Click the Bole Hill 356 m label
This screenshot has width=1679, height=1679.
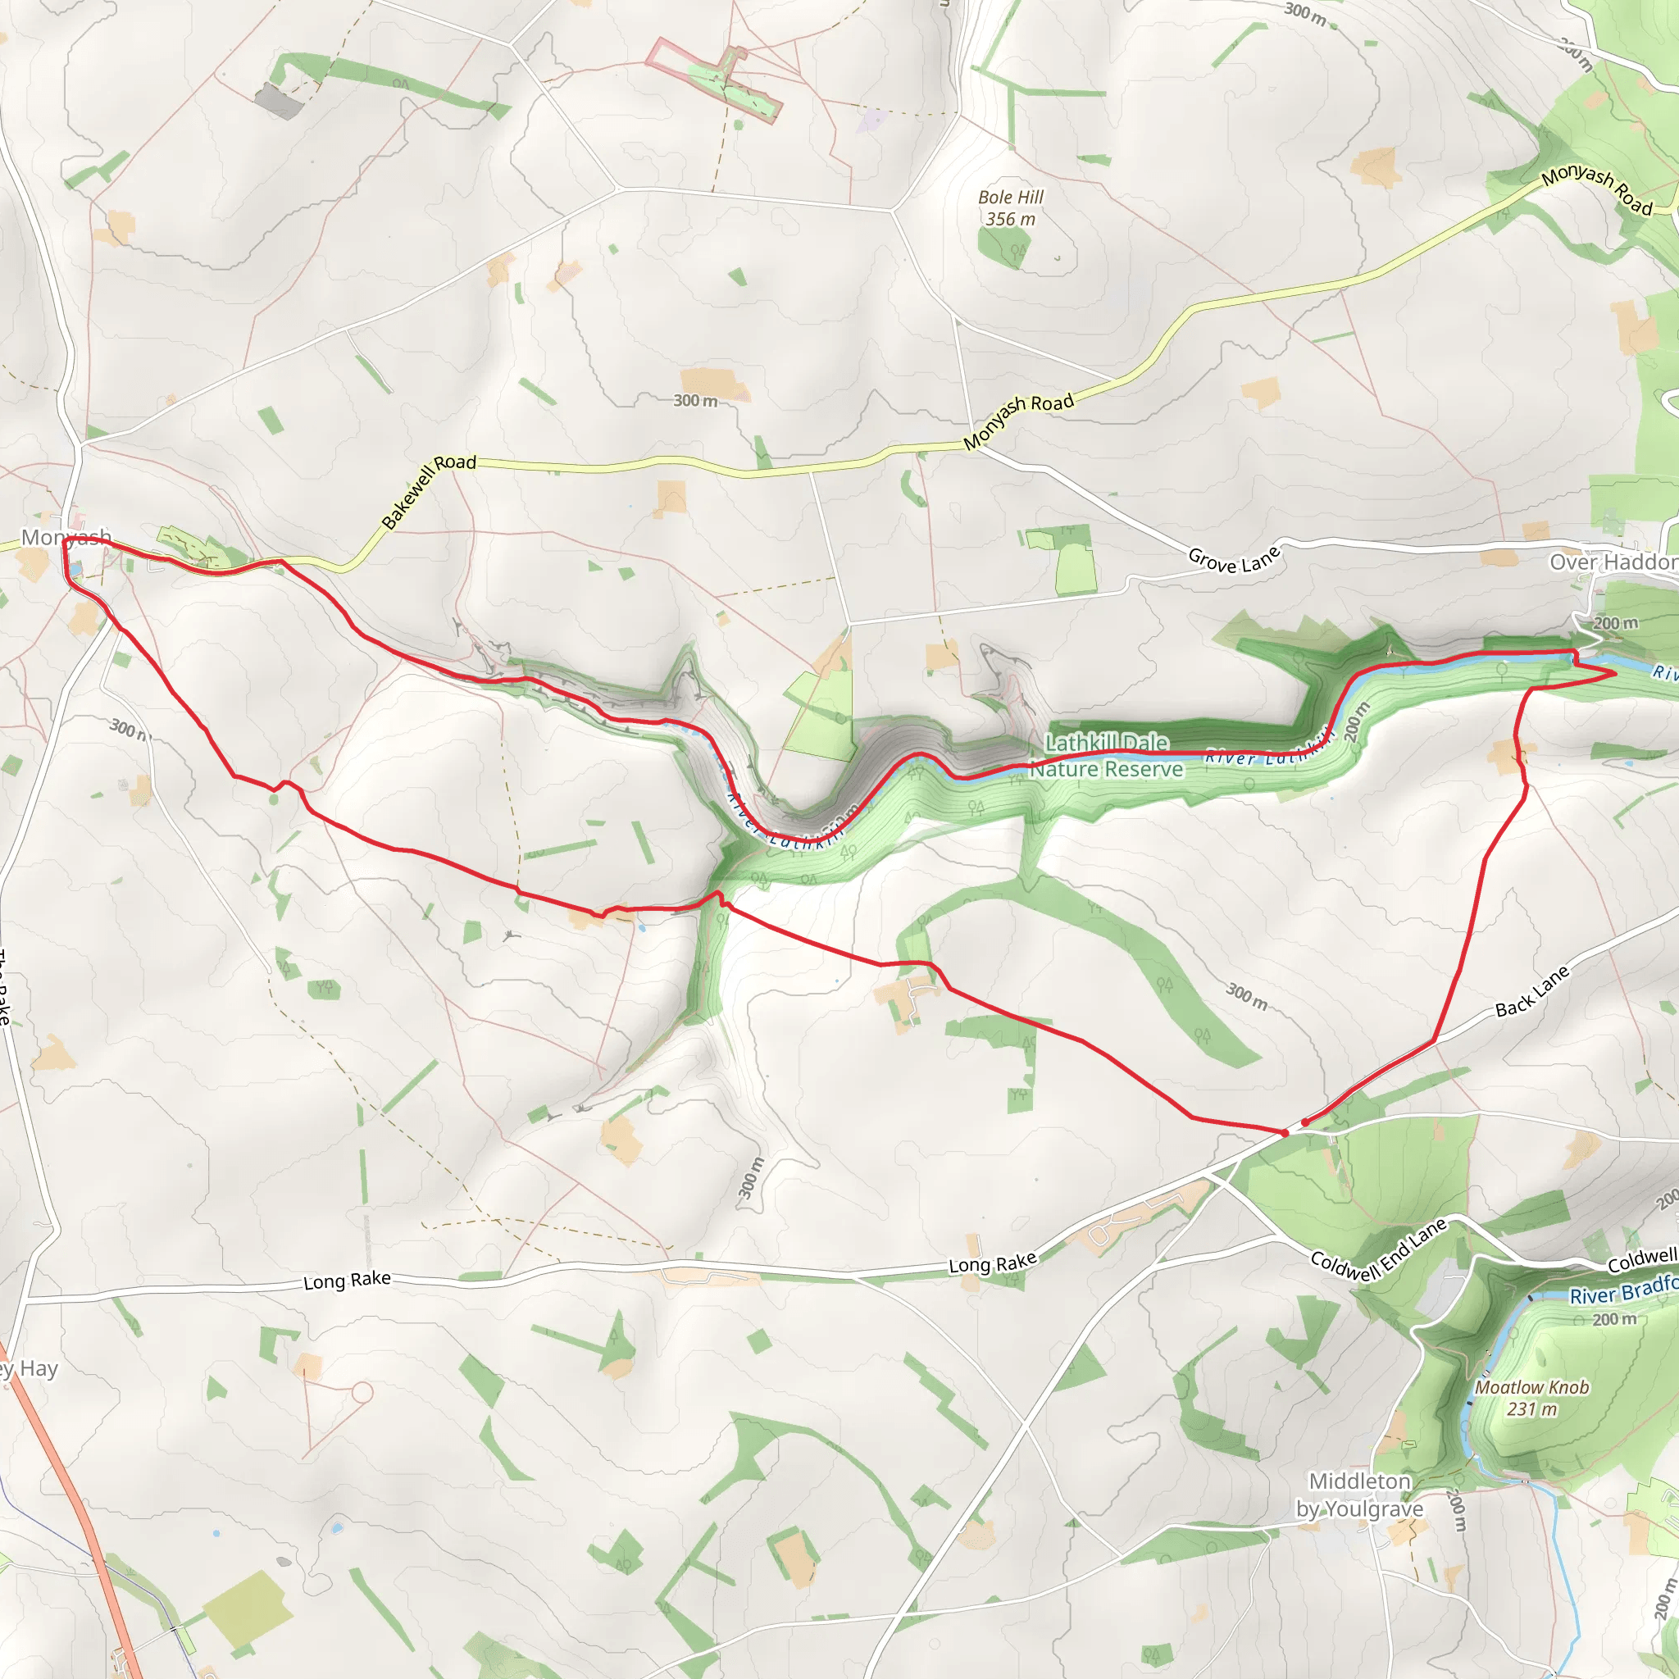[1010, 208]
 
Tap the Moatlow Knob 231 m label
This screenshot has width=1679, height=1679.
[1531, 1399]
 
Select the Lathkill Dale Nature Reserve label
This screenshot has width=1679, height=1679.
[1106, 756]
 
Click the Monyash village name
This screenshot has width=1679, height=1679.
[66, 537]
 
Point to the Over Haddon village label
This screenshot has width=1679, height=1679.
[1613, 562]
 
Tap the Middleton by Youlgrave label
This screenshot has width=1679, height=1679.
[1360, 1495]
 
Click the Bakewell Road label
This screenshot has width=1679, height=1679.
[429, 491]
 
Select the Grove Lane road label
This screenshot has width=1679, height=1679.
[1234, 560]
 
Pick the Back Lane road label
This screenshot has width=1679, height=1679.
[1532, 992]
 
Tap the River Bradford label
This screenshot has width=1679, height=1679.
[1622, 1290]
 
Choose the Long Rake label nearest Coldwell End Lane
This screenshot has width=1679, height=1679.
[993, 1263]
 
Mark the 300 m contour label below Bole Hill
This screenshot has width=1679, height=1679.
[695, 401]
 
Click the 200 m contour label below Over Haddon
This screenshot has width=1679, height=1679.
[1616, 623]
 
